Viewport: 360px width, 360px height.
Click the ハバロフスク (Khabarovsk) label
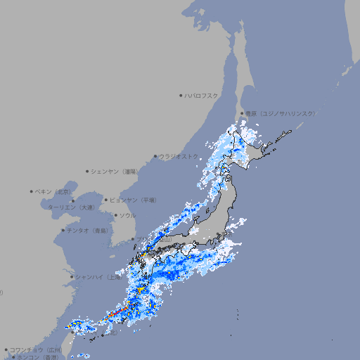click(x=202, y=95)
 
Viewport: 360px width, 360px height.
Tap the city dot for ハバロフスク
click(x=181, y=95)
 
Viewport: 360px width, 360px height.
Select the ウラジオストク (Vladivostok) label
click(x=179, y=156)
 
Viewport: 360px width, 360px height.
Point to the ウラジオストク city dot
click(x=155, y=156)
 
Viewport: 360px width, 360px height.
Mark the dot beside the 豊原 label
click(x=242, y=113)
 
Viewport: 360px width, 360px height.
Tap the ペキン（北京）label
click(x=55, y=191)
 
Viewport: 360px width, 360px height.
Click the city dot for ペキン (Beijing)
click(x=32, y=191)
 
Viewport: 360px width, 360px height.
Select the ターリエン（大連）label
click(x=72, y=207)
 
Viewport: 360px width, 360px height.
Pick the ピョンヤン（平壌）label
click(x=134, y=200)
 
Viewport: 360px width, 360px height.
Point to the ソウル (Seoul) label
click(x=127, y=215)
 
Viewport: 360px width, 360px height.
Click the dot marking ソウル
click(x=115, y=215)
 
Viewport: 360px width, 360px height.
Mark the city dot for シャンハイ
click(x=72, y=276)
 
